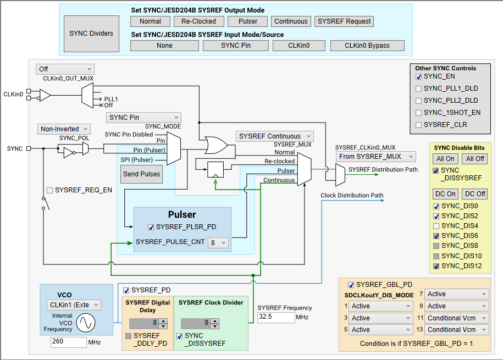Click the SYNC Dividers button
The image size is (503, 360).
(91, 34)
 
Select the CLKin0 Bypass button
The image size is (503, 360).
(367, 46)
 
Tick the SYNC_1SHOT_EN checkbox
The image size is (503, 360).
(419, 113)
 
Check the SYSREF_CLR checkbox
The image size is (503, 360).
(419, 125)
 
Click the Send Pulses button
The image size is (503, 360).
(142, 174)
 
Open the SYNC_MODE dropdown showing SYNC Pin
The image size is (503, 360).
(143, 118)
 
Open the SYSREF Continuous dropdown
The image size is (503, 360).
(275, 136)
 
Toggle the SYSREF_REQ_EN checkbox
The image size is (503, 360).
(50, 190)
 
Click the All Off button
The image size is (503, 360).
(475, 159)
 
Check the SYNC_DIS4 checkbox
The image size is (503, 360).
(435, 226)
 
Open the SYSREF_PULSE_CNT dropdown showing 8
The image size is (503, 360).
(218, 242)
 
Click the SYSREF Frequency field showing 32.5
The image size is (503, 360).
(275, 317)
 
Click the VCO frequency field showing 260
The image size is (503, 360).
(69, 342)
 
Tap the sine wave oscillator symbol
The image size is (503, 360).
(86, 323)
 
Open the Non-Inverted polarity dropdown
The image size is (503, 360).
(64, 129)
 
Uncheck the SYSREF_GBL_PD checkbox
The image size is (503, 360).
(351, 285)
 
